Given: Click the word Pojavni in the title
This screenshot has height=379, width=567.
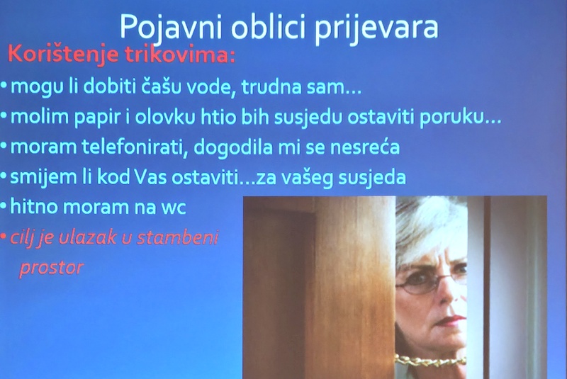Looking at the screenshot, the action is [170, 28].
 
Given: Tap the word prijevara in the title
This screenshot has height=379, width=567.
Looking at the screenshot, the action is [376, 28].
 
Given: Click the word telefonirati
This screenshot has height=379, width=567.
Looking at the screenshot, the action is [135, 147].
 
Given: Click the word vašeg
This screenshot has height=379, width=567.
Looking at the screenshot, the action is [307, 177].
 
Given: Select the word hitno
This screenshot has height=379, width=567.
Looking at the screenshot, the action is [33, 206].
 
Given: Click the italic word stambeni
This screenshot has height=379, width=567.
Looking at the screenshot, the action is [178, 237].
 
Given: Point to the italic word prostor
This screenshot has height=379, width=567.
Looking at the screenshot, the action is [51, 268].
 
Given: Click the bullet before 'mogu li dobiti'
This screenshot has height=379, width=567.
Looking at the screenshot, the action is [4, 86].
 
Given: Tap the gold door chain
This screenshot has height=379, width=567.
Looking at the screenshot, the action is [431, 361].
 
